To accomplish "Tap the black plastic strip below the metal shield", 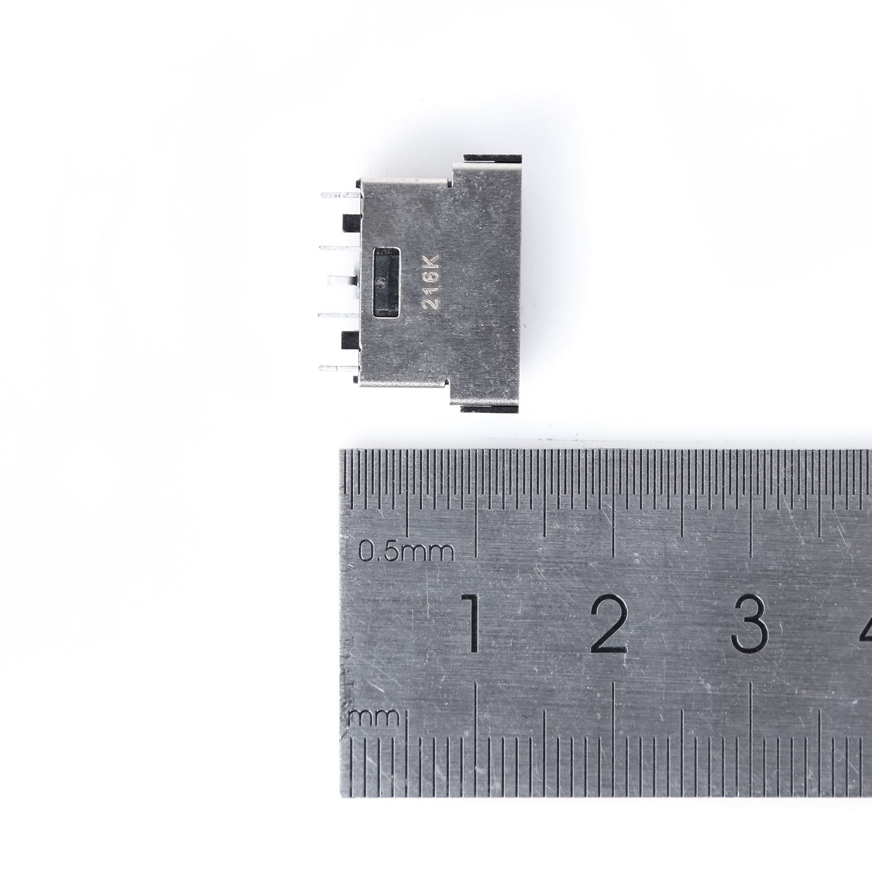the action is [492, 408].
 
